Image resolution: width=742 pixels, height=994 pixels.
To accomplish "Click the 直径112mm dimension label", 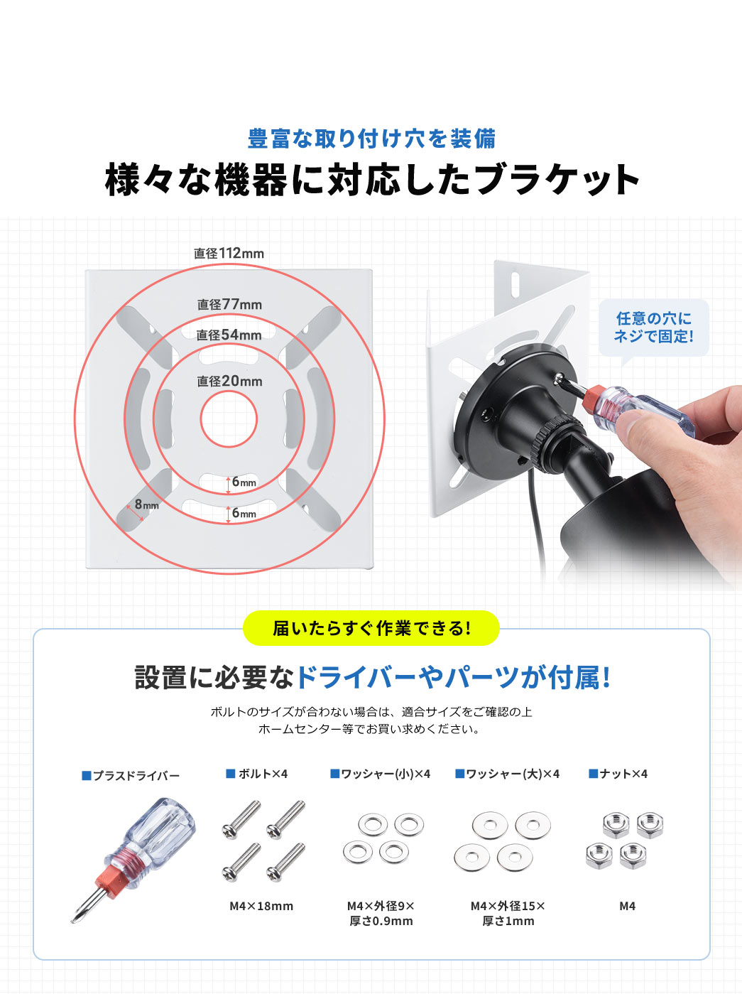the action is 229,253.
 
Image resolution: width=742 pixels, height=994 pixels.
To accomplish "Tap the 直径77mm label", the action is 229,304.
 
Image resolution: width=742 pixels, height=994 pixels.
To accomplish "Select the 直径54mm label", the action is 229,335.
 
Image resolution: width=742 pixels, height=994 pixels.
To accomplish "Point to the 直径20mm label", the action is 229,382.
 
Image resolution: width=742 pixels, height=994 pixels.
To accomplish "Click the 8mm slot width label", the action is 146,504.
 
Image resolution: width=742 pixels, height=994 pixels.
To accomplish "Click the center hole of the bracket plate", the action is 229,419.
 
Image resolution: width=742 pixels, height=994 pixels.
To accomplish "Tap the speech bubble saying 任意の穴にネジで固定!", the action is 654,328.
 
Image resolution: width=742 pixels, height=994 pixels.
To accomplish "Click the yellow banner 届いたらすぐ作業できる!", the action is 371,628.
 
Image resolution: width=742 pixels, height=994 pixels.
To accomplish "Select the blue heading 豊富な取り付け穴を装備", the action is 371,139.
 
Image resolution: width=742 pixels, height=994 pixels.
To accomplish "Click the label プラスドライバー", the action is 131,776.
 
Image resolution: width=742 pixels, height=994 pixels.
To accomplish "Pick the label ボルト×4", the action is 257,774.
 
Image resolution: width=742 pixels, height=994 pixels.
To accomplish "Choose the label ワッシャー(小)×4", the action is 380,774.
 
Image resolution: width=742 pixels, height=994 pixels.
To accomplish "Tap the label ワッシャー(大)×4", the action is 507,774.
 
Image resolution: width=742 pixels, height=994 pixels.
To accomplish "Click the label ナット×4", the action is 618,774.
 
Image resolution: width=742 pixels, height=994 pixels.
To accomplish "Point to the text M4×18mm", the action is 261,894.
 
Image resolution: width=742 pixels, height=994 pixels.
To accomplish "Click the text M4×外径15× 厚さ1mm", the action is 508,901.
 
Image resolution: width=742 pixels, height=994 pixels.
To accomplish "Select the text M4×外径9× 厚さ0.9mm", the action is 381,901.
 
